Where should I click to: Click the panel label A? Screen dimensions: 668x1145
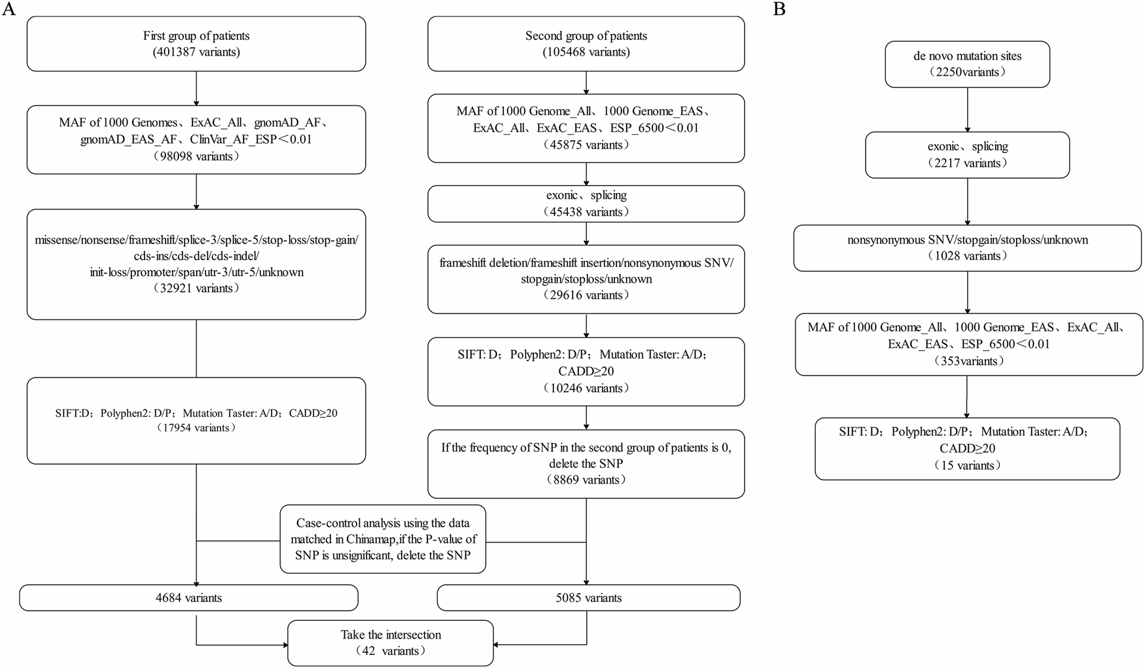(x=9, y=11)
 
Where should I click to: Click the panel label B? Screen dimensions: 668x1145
(x=779, y=11)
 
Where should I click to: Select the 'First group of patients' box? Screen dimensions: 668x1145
(x=196, y=44)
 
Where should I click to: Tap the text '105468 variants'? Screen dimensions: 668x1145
(x=586, y=52)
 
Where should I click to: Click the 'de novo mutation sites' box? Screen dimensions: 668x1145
(x=967, y=64)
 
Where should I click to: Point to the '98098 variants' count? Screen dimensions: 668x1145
(x=196, y=156)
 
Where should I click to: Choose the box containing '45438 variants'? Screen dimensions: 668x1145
(x=586, y=203)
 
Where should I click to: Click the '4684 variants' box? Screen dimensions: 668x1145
(x=189, y=597)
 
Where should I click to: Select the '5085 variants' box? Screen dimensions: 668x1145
(x=588, y=597)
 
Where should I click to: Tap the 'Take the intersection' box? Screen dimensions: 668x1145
(x=391, y=642)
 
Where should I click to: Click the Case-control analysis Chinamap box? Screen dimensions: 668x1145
(x=383, y=539)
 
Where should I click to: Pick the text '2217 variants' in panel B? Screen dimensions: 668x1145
(x=967, y=164)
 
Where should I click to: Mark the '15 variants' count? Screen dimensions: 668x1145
(x=967, y=466)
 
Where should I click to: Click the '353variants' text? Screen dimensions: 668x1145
(x=967, y=361)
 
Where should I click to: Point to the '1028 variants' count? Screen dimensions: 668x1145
(x=967, y=256)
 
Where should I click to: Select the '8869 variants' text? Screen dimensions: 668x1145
(x=586, y=480)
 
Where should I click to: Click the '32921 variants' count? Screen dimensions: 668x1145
(x=196, y=289)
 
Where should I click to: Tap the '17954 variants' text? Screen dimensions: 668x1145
(x=196, y=428)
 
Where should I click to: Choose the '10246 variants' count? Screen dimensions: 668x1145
(x=586, y=389)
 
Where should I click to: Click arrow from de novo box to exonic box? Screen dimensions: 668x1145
(x=967, y=109)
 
